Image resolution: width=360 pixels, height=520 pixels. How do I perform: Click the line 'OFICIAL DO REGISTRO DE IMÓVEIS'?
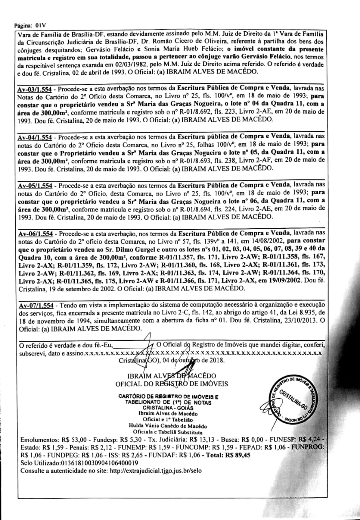tap(171, 384)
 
